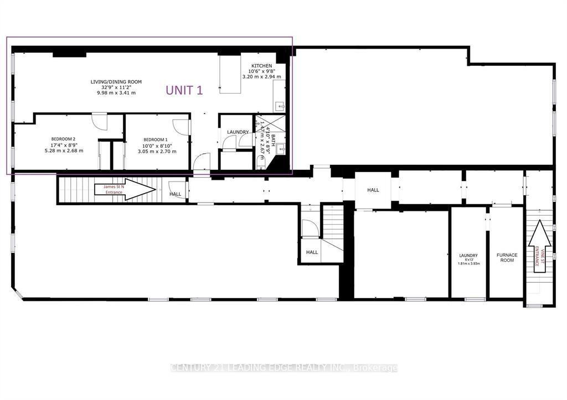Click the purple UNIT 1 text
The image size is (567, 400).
184,91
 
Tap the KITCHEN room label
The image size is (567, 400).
261,66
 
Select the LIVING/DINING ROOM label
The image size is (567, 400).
116,82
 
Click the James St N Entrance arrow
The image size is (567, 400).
125,189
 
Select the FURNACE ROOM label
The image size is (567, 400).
507,257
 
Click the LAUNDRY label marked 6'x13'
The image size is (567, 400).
468,256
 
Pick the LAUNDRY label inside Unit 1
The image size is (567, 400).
238,132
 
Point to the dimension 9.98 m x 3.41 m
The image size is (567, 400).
116,93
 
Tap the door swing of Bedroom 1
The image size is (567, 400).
182,126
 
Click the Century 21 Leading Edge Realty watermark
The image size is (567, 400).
283,368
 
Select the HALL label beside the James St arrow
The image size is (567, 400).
175,194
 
